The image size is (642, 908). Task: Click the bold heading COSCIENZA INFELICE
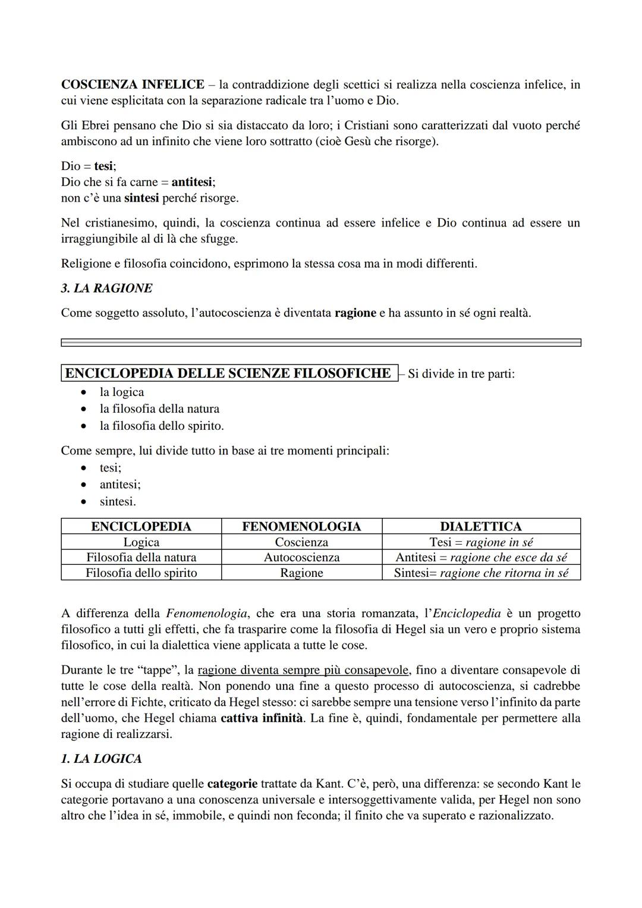point(133,84)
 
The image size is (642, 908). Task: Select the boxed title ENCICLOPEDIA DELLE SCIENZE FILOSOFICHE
point(229,373)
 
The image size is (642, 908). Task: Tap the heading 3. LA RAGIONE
point(106,288)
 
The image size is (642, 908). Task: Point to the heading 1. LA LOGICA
point(101,759)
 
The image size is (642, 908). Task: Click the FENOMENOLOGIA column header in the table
point(301,526)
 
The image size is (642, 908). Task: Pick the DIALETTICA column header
point(480,526)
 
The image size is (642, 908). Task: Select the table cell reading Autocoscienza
point(301,557)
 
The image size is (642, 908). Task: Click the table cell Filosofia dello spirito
point(141,573)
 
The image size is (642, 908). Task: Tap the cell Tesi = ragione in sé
point(480,542)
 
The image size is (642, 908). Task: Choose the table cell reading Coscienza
point(301,542)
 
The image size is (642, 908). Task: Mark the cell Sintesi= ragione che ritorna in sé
point(480,573)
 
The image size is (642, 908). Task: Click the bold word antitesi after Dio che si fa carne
point(191,182)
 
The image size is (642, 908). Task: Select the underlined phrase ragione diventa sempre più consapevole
point(303,670)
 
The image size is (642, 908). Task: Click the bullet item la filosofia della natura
point(159,409)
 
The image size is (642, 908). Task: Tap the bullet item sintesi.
point(117,501)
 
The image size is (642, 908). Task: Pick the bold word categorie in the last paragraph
point(232,784)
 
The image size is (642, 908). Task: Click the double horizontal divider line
point(321,343)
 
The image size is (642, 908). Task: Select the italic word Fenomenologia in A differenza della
point(206,613)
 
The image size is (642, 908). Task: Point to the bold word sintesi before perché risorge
point(141,198)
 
